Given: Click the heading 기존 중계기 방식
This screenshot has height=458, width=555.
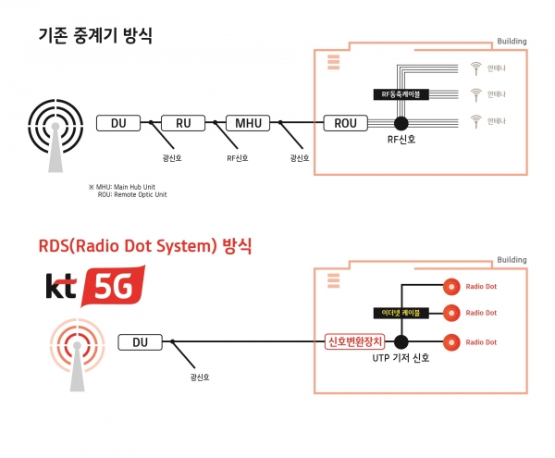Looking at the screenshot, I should [x=94, y=37].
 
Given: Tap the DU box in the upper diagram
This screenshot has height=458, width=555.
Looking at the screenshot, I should [x=118, y=122].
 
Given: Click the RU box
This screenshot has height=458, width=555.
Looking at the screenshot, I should [x=183, y=122].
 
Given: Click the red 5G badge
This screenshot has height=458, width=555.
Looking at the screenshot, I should [x=115, y=289].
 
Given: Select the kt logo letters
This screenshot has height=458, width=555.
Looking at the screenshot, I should [x=62, y=288].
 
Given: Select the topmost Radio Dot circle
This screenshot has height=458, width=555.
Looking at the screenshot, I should [x=452, y=285].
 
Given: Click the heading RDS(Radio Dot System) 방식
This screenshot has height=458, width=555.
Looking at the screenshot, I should [x=145, y=247].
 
